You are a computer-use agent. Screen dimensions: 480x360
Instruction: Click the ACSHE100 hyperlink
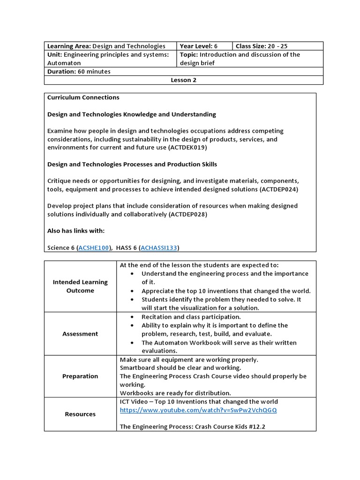[93, 247]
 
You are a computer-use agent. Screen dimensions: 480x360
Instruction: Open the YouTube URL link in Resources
[198, 410]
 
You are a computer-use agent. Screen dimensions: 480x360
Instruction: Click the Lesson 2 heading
[183, 80]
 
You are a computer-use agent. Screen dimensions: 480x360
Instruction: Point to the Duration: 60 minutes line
[79, 72]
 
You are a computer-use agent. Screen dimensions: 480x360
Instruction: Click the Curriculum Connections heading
[83, 97]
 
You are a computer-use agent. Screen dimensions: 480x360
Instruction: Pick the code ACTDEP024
[278, 189]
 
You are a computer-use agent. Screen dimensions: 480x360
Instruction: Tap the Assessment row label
[80, 334]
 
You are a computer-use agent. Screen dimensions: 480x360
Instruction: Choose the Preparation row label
[80, 376]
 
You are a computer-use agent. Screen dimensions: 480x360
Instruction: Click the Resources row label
[80, 414]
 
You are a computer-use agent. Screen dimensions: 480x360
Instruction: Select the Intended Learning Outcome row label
[80, 286]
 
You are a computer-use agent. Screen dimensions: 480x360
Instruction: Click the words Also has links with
[76, 231]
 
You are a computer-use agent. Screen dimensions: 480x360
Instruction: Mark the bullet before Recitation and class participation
[133, 317]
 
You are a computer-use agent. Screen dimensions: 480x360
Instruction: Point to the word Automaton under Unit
[64, 63]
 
